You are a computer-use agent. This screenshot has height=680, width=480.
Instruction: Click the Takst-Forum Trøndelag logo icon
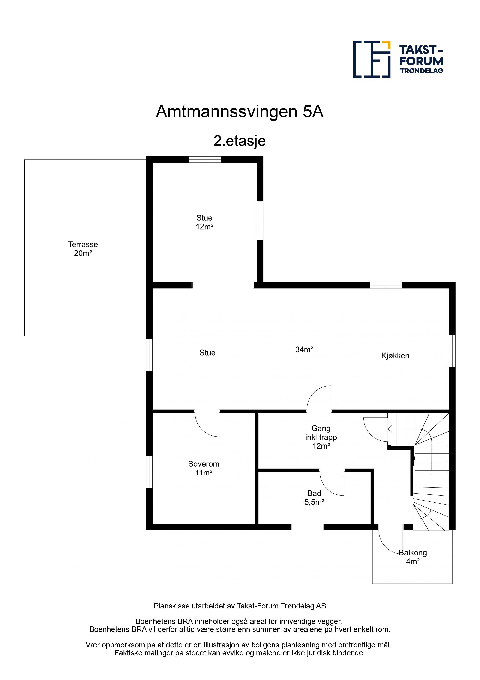pos(372,59)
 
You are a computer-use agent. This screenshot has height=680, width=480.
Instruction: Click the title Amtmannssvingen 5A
pos(240,112)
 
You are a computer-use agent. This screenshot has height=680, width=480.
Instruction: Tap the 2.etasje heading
pos(240,141)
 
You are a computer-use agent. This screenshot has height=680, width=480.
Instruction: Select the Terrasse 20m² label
pos(83,249)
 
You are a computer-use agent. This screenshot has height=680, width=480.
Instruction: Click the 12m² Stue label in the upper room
pos(204,222)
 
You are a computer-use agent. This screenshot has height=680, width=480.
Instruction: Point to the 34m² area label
pos(304,349)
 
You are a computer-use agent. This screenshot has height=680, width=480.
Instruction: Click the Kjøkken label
pos(395,356)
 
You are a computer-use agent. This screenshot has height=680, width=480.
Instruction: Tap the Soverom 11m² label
pos(204,468)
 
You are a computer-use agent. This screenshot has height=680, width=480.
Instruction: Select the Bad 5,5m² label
pos(314,498)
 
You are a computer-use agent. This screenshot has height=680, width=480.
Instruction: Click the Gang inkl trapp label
pos(321,437)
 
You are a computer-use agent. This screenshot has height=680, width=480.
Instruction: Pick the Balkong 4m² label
pos(413,557)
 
